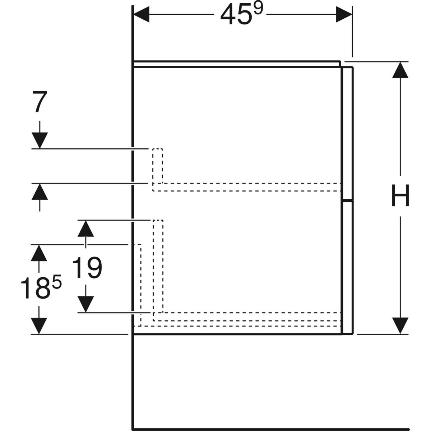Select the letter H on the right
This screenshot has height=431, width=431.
[400, 196]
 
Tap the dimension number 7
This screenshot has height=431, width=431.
[40, 102]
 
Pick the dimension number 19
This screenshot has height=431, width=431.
[87, 268]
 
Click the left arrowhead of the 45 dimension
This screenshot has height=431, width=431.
[141, 15]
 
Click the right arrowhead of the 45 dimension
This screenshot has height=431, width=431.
[344, 15]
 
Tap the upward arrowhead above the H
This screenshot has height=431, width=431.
[400, 70]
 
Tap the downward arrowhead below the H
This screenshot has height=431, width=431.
[400, 326]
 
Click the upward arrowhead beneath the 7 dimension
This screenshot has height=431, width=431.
[40, 191]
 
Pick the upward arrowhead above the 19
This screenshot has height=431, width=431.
[85, 228]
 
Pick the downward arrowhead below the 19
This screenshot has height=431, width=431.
[85, 304]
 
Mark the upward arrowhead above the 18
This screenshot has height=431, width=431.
[39, 253]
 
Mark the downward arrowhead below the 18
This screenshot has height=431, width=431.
[39, 326]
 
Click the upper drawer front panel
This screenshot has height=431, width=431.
[348, 133]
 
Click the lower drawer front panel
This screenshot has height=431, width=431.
[348, 268]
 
